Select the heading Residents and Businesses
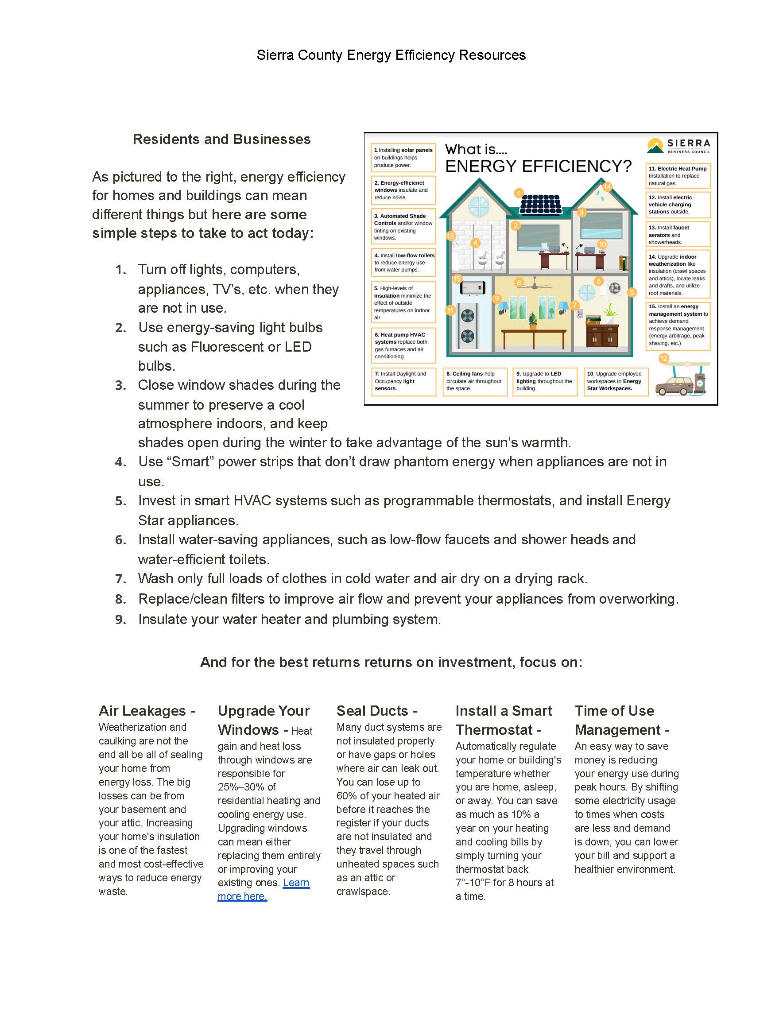pos(221,139)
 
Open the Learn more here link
pos(264,889)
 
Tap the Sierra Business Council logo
pos(678,145)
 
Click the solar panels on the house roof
pos(540,204)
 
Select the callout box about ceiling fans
pos(474,381)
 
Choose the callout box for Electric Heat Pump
pos(677,176)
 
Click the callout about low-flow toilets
pos(403,262)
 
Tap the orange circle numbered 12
pos(663,358)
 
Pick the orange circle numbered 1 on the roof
pos(519,193)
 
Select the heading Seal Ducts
pos(376,711)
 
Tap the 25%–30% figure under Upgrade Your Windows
pos(246,787)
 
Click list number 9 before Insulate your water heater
pos(121,620)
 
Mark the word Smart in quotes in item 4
pos(191,461)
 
